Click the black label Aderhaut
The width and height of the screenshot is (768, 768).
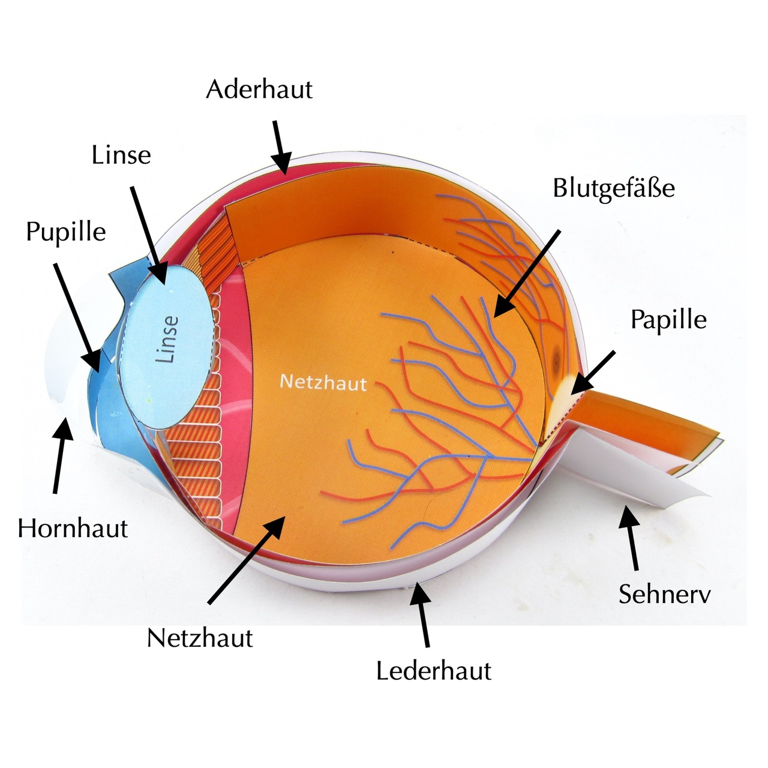coord(259,90)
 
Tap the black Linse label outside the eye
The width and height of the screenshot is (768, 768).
coord(121,155)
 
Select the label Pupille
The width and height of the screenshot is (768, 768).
coord(66,232)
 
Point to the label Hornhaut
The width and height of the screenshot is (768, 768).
coord(73,529)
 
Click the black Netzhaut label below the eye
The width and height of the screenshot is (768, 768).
coord(200,638)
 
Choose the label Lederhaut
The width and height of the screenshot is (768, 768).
coord(433,670)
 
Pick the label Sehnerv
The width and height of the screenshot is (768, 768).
coord(664,594)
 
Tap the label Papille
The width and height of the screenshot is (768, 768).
coord(668,320)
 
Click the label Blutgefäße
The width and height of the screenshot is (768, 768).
coord(614,188)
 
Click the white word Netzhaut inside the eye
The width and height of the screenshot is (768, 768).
coord(323,382)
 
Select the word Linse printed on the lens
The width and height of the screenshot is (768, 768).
coord(167,339)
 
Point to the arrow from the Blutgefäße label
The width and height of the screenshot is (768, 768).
coord(526,273)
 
